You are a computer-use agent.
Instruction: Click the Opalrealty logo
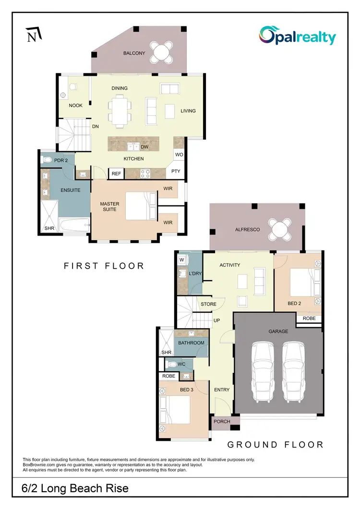(x=298, y=36)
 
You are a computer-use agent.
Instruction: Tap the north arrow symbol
(x=33, y=35)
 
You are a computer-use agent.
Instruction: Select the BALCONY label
(x=134, y=53)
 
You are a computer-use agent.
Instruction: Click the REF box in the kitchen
(x=116, y=173)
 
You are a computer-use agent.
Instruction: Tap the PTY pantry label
(x=176, y=171)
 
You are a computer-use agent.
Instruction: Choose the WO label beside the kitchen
(x=179, y=155)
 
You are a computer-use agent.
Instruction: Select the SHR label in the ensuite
(x=49, y=228)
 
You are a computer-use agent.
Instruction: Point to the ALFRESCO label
(x=248, y=230)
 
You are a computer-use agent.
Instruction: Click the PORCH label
(x=222, y=422)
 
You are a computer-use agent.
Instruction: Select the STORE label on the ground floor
(x=208, y=304)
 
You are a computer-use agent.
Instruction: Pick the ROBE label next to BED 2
(x=308, y=318)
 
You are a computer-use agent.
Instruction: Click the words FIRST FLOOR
(x=104, y=265)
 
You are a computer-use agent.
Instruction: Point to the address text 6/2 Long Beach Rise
(x=75, y=488)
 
